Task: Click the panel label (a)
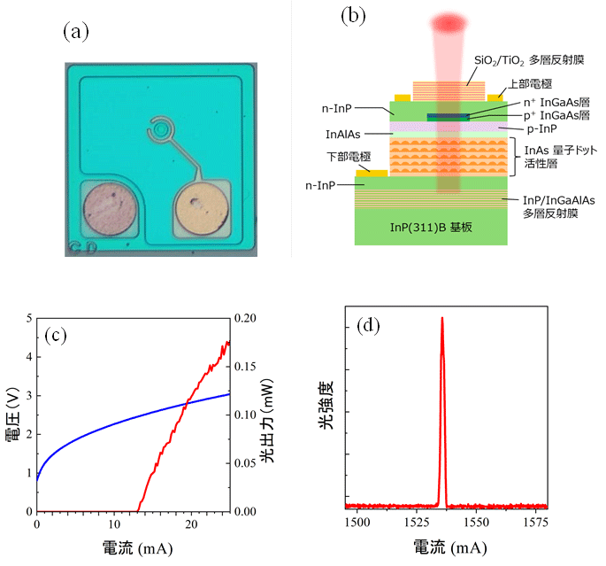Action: pos(76,32)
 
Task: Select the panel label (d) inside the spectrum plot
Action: pos(370,326)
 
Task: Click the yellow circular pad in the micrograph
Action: pos(203,211)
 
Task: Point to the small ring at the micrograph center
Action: pos(160,130)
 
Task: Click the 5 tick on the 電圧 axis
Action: pos(28,318)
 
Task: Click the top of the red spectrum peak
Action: pos(441,318)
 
